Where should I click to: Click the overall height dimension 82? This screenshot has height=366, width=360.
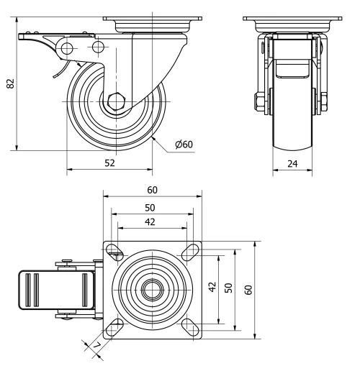coord(10,83)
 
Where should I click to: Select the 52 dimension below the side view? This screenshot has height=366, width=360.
coord(110,163)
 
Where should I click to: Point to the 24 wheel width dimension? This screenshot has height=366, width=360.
coord(292,163)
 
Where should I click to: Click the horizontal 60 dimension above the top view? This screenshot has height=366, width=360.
coord(152,190)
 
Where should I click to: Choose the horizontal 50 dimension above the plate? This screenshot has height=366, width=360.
coord(152,207)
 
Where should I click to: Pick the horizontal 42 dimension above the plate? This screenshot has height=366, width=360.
coord(150,221)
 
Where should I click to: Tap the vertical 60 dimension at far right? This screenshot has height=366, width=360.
coord(248,289)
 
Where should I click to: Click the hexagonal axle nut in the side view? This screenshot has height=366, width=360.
coord(115,102)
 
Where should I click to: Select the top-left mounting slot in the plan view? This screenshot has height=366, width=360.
coord(114,251)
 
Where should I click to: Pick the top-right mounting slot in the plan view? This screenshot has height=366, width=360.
coord(191,251)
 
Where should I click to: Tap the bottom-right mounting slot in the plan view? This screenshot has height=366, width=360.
coord(191,327)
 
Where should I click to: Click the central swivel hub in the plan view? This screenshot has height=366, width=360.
coord(152,289)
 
